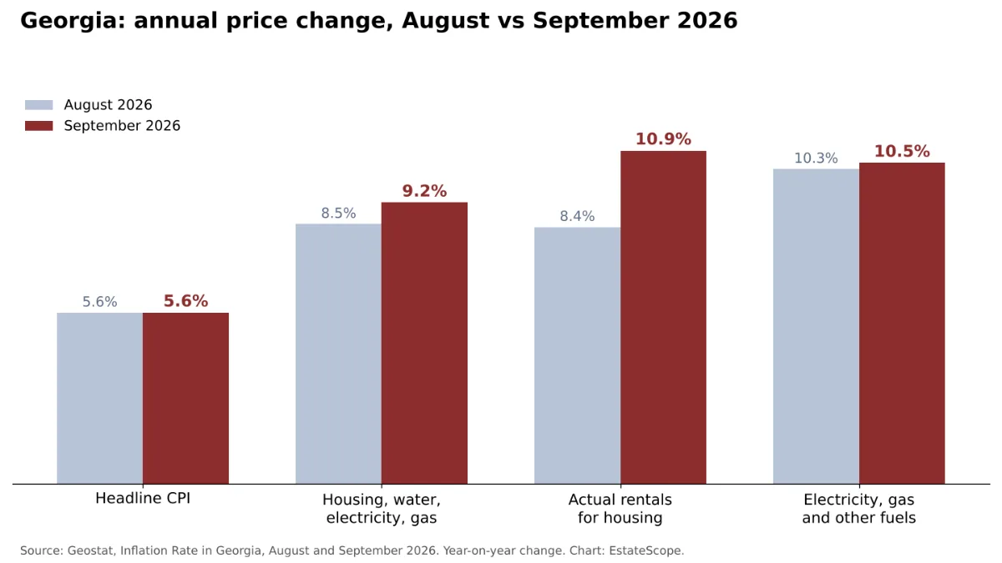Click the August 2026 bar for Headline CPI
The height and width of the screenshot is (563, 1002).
99,398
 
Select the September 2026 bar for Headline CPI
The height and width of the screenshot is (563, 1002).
185,398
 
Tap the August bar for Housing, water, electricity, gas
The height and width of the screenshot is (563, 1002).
339,354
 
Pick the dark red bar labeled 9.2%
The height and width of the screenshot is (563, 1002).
424,343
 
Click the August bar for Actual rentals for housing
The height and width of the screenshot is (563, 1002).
578,355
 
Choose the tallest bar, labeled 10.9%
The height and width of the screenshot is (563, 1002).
663,317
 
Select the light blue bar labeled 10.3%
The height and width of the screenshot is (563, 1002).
817,326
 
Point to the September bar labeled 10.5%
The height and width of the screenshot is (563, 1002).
903,324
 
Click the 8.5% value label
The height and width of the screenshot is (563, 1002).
339,214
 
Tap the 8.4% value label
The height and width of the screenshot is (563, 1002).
578,216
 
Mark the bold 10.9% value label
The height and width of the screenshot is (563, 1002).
663,139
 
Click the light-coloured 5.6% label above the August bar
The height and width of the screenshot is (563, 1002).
99,302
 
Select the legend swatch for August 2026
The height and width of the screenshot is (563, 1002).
39,105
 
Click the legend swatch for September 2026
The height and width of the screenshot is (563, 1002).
39,126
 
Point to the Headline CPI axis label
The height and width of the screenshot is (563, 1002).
143,498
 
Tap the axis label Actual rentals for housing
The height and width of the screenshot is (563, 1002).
620,509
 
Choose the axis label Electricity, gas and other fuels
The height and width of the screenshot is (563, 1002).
859,509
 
